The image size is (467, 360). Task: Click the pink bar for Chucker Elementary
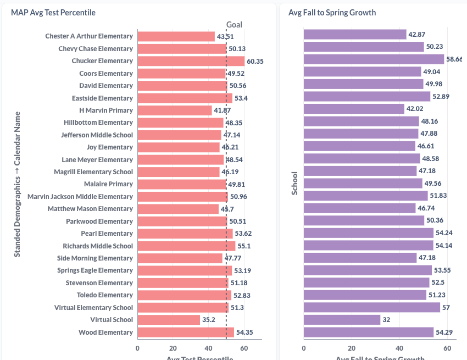pyautogui.click(x=191, y=61)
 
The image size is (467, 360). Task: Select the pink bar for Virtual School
pyautogui.click(x=169, y=320)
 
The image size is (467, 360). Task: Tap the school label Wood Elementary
pyautogui.click(x=105, y=333)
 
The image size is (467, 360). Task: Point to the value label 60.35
pyautogui.click(x=255, y=61)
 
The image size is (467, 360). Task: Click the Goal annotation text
pyautogui.click(x=234, y=25)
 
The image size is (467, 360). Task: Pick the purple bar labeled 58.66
pyautogui.click(x=374, y=59)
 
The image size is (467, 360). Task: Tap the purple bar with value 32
pyautogui.click(x=342, y=319)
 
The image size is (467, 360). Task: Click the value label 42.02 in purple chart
pyautogui.click(x=414, y=109)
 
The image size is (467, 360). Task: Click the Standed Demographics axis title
pyautogui.click(x=17, y=184)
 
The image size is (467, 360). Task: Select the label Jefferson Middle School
pyautogui.click(x=97, y=135)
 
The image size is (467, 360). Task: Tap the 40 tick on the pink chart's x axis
pyautogui.click(x=208, y=348)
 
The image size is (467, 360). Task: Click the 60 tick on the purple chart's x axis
pyautogui.click(x=447, y=348)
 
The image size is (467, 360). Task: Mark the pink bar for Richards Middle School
pyautogui.click(x=186, y=246)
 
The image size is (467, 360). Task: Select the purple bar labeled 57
pyautogui.click(x=372, y=307)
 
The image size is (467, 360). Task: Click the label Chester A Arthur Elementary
pyautogui.click(x=89, y=36)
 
